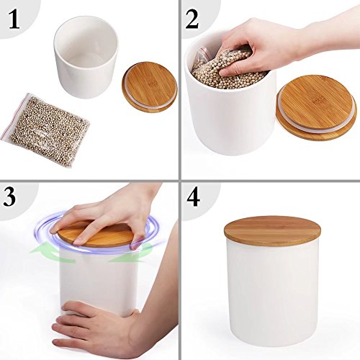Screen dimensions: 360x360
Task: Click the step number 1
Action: [x=14, y=20]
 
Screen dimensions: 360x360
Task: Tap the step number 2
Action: [x=192, y=19]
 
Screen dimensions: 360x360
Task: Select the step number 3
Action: [x=9, y=197]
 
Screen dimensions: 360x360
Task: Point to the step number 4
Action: [x=194, y=197]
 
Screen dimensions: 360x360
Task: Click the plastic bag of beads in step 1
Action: [x=45, y=130]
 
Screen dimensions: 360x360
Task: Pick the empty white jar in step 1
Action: [x=86, y=57]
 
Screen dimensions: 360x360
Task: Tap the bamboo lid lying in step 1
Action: [x=150, y=87]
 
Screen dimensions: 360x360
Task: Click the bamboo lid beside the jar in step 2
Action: [x=317, y=107]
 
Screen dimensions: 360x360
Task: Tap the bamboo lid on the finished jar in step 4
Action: [x=272, y=230]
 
